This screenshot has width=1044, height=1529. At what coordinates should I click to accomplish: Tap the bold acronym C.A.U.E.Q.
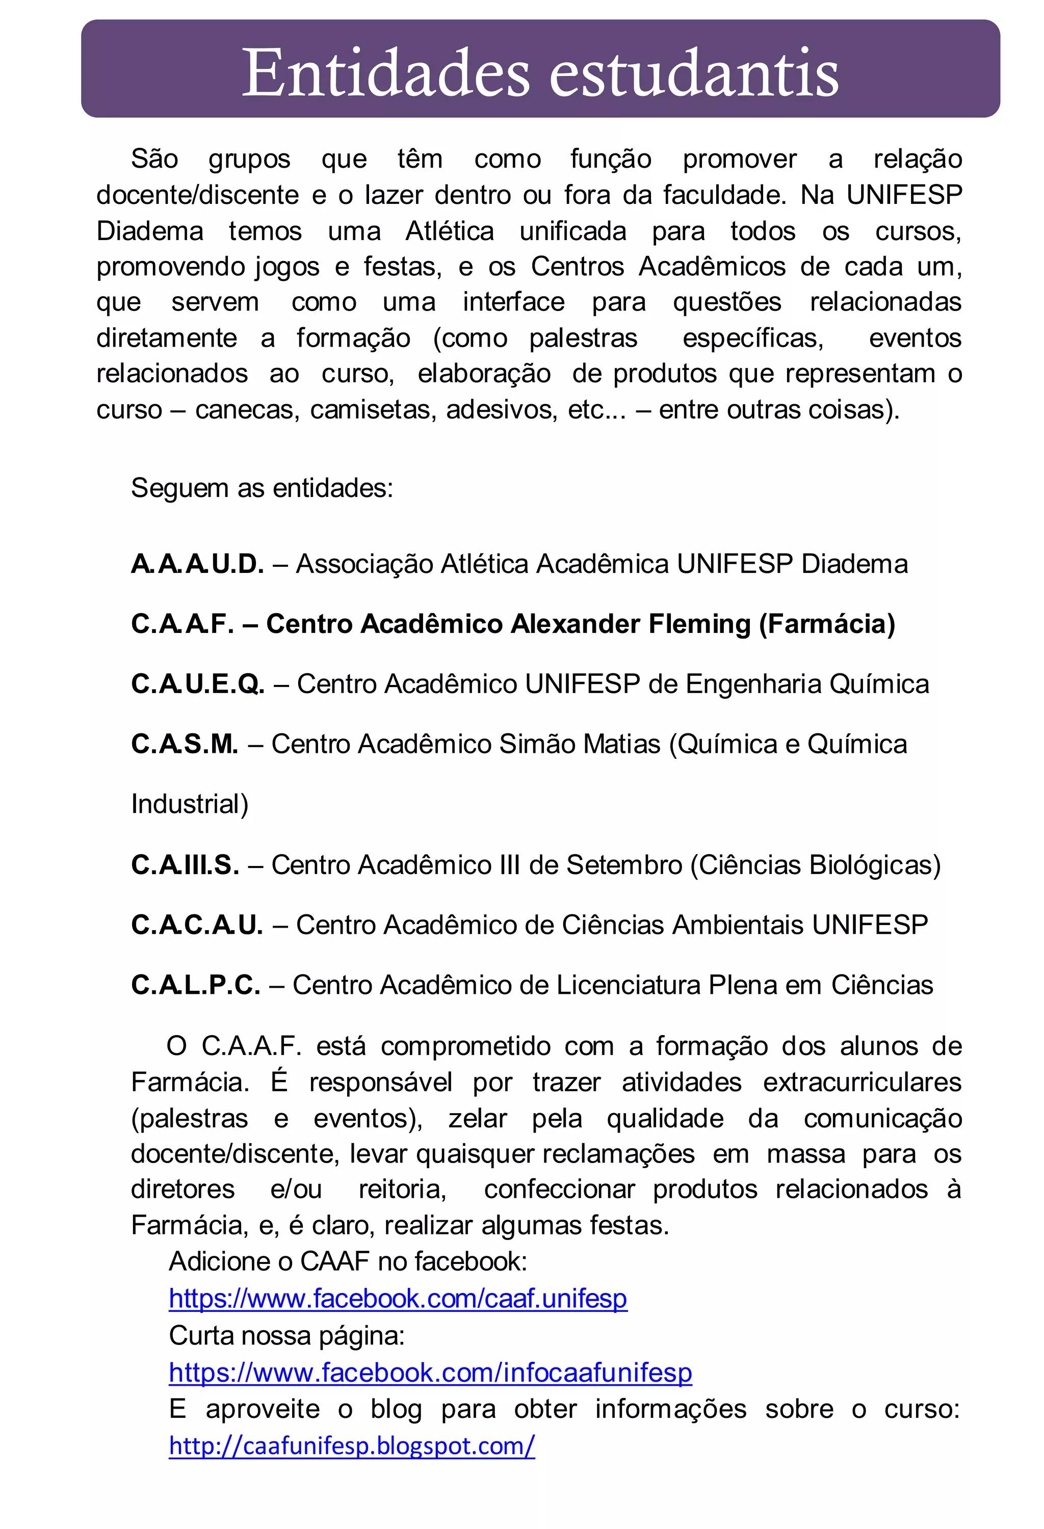197,684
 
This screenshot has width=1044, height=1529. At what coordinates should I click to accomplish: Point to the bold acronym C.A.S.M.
184,744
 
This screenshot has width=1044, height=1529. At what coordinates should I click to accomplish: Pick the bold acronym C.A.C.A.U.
197,925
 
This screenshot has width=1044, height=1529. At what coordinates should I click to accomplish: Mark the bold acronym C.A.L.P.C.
195,985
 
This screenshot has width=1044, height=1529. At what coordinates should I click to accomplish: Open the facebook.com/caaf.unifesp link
398,1299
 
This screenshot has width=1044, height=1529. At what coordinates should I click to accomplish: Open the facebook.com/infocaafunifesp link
430,1373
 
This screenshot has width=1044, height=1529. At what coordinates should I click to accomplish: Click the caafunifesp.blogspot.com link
352,1446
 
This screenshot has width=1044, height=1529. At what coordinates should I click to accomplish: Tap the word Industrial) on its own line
190,805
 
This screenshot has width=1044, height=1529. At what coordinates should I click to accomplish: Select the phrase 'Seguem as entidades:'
262,488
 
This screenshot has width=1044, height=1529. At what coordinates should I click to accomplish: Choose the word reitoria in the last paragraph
402,1190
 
